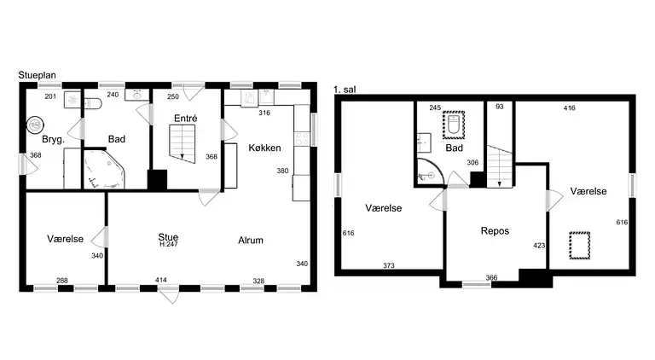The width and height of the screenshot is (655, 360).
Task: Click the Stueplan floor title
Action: [x=37, y=75]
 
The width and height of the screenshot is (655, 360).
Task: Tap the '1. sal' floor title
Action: [x=345, y=90]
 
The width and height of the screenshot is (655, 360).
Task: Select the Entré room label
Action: [x=185, y=119]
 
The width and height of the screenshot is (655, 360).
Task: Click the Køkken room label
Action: [x=264, y=148]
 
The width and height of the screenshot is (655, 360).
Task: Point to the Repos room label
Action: [x=495, y=231]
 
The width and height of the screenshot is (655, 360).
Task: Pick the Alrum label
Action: [x=251, y=240]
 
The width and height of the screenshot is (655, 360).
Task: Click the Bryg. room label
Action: [x=53, y=140]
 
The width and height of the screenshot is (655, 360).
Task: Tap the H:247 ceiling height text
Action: [x=169, y=245]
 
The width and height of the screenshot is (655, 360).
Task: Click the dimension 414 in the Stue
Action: [x=161, y=280]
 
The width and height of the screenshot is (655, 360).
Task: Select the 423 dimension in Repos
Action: [x=539, y=246]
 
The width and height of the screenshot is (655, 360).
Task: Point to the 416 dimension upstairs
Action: [x=570, y=107]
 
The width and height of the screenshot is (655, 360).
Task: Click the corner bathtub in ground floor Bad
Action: [x=104, y=170]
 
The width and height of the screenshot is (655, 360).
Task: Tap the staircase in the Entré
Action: [x=183, y=143]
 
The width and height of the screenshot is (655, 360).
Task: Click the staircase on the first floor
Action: [x=500, y=166]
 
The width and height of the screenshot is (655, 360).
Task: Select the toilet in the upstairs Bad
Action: [x=454, y=124]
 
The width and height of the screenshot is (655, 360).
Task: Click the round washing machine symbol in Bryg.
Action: [x=35, y=125]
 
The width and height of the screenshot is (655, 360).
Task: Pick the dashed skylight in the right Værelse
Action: [x=579, y=246]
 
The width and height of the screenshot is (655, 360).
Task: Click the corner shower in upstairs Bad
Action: [x=427, y=171]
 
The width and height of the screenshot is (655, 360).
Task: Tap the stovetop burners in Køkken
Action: [x=302, y=139]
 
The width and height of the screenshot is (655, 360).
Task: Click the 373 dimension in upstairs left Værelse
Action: [x=389, y=265]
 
